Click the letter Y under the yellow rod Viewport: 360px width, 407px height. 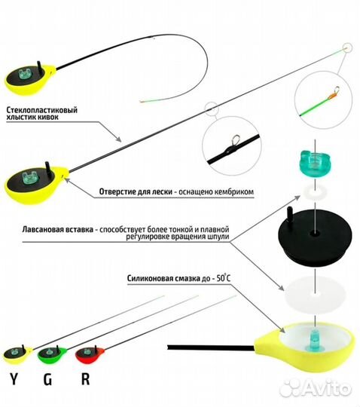pos(14,378)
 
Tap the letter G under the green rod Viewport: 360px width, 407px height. pos(47,378)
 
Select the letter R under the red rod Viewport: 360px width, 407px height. pos(85,378)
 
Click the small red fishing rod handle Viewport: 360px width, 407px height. pos(90,354)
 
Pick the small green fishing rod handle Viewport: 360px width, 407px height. pos(52,355)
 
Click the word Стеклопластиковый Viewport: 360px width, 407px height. pos(41,109)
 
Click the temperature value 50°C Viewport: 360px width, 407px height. pos(223,278)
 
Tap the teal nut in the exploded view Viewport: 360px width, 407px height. pos(315,164)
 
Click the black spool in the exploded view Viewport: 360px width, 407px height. pos(315,236)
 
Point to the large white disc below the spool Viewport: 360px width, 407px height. pos(315,295)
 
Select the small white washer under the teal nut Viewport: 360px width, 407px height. pos(315,192)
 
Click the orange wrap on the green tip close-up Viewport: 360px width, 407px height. pos(331,97)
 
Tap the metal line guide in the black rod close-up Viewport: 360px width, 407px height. pos(236,142)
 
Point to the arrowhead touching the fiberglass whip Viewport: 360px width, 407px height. pos(118,139)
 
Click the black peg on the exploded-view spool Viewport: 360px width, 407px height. pos(289,215)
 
